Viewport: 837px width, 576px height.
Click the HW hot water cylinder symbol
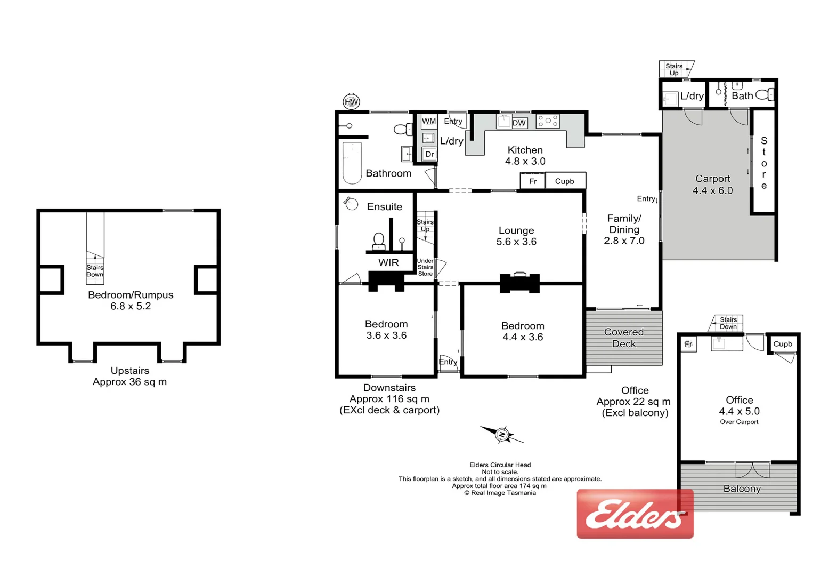pyautogui.click(x=351, y=101)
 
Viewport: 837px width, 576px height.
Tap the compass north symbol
pyautogui.click(x=502, y=435)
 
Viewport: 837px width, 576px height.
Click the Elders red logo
pyautogui.click(x=635, y=514)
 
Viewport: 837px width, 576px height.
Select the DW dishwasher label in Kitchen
pyautogui.click(x=519, y=123)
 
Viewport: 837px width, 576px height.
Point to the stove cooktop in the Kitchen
pyautogui.click(x=548, y=122)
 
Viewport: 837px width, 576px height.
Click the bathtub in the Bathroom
pyautogui.click(x=352, y=162)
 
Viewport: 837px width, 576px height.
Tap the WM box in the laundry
pyautogui.click(x=429, y=122)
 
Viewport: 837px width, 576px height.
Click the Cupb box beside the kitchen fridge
pyautogui.click(x=565, y=181)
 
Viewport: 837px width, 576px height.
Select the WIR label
pyautogui.click(x=388, y=262)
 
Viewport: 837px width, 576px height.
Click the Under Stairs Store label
pyautogui.click(x=425, y=267)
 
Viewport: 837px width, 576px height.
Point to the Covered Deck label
pyautogui.click(x=624, y=338)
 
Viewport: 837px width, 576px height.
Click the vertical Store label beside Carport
pyautogui.click(x=764, y=163)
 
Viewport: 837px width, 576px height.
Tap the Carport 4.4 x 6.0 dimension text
pyautogui.click(x=713, y=190)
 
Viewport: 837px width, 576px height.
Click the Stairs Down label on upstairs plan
pyautogui.click(x=95, y=271)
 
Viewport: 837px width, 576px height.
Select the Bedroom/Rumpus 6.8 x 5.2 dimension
pyautogui.click(x=131, y=306)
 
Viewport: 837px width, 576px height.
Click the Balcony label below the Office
pyautogui.click(x=742, y=489)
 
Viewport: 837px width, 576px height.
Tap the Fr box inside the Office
pyautogui.click(x=688, y=345)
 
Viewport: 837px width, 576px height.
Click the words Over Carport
pyautogui.click(x=739, y=422)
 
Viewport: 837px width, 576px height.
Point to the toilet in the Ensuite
pyautogui.click(x=379, y=241)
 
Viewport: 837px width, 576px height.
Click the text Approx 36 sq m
pyautogui.click(x=129, y=382)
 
